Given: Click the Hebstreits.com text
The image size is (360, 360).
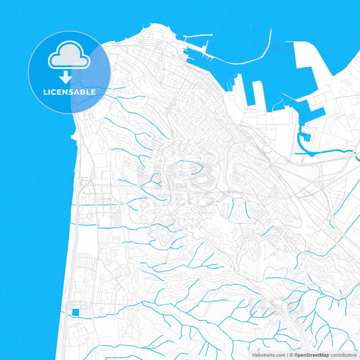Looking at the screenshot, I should click(267, 354).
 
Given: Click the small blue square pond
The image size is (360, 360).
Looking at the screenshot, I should click(76, 311).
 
